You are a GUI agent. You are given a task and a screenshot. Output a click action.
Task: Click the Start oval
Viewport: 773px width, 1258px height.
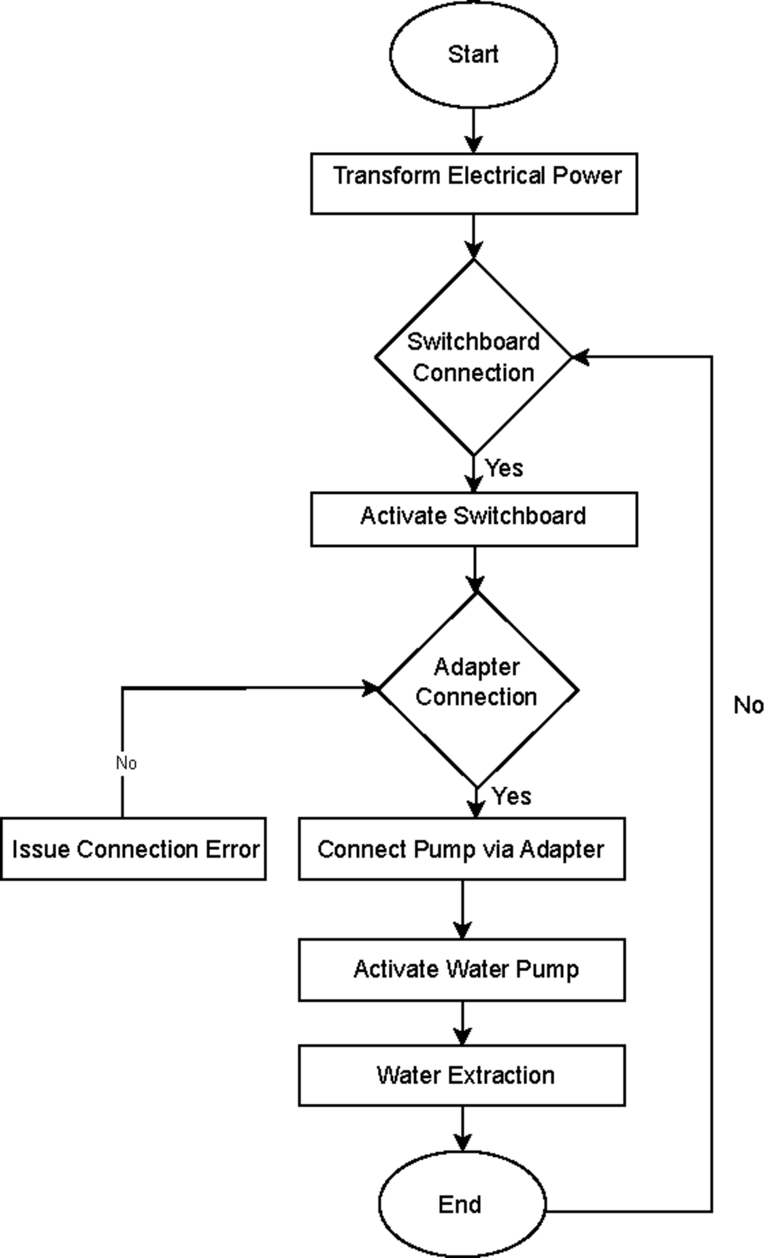coord(473,54)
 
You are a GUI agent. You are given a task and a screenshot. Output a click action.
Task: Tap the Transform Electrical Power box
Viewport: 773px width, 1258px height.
coord(474,184)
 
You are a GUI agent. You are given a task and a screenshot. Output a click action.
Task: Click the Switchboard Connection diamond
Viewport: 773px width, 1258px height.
coord(473,357)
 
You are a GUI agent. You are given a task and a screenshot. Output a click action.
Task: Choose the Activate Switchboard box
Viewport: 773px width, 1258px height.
coord(474,519)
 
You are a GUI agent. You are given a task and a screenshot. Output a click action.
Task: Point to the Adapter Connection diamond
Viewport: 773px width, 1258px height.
coord(477,689)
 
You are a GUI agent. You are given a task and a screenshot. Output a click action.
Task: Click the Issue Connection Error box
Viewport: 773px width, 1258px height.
coord(133,849)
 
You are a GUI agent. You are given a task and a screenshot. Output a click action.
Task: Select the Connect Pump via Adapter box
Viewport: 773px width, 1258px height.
coord(461,849)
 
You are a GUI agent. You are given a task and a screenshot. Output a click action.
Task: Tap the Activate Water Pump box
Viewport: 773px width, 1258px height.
coord(461,969)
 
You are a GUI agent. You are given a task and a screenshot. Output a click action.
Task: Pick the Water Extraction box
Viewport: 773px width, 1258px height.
coord(461,1075)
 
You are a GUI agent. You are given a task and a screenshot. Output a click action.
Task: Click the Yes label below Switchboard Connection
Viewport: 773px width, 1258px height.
coord(504,468)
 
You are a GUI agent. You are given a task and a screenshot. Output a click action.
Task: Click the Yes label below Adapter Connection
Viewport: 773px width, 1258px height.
coord(511,796)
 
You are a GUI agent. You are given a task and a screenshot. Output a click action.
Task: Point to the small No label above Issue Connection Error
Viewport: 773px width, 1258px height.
coord(126,763)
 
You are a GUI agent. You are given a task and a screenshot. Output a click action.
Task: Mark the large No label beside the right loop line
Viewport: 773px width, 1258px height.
coord(748,705)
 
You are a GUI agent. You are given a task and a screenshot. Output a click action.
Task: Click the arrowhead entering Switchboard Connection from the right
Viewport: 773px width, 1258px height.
coord(580,356)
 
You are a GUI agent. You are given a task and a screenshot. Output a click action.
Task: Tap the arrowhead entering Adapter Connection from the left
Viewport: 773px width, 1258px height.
coord(372,688)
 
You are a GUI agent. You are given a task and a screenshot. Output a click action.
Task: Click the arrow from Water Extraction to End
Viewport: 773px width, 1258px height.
coord(462,1128)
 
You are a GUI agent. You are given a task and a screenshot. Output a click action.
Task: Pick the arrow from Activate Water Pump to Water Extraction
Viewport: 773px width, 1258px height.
coord(462,1023)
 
